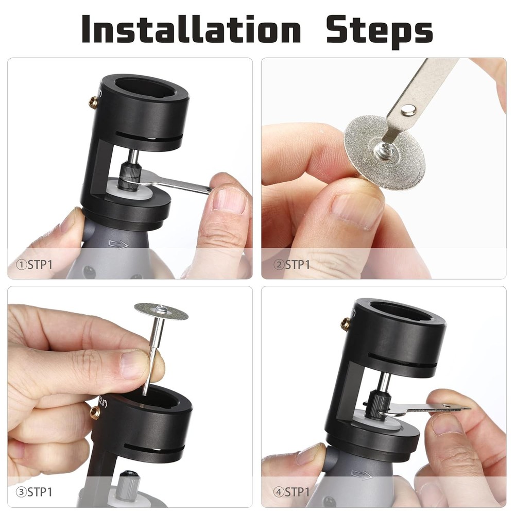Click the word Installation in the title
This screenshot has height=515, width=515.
click(191, 29)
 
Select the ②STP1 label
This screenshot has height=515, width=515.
click(293, 265)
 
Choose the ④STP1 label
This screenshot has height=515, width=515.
click(293, 491)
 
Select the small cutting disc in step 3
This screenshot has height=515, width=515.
click(161, 311)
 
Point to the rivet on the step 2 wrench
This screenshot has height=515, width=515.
click(409, 109)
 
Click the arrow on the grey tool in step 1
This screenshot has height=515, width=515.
click(118, 244)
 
